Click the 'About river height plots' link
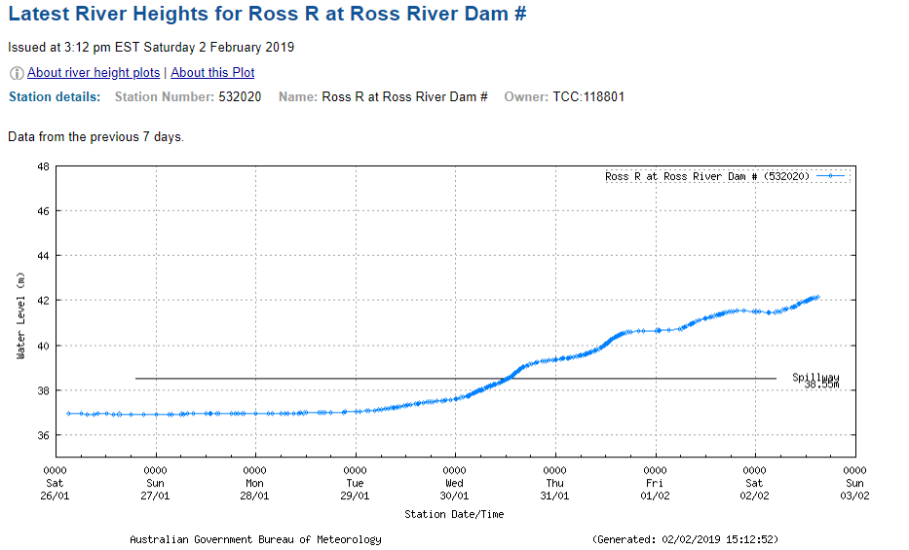point(94,73)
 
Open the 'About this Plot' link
point(212,73)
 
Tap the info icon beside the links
point(17,73)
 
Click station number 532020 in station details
point(240,97)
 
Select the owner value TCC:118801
point(588,97)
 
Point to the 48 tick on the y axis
point(43,166)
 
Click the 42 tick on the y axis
point(43,301)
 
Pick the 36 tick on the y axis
point(43,435)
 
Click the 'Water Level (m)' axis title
point(20,315)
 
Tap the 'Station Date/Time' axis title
point(454,514)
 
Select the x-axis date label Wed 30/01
point(455,489)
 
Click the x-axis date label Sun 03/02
point(854,489)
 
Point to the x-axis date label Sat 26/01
point(55,489)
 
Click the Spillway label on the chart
point(814,378)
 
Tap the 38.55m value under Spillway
point(821,385)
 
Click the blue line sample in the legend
point(831,176)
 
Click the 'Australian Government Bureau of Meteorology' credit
point(255,539)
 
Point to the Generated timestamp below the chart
point(685,539)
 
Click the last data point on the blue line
point(817,297)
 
